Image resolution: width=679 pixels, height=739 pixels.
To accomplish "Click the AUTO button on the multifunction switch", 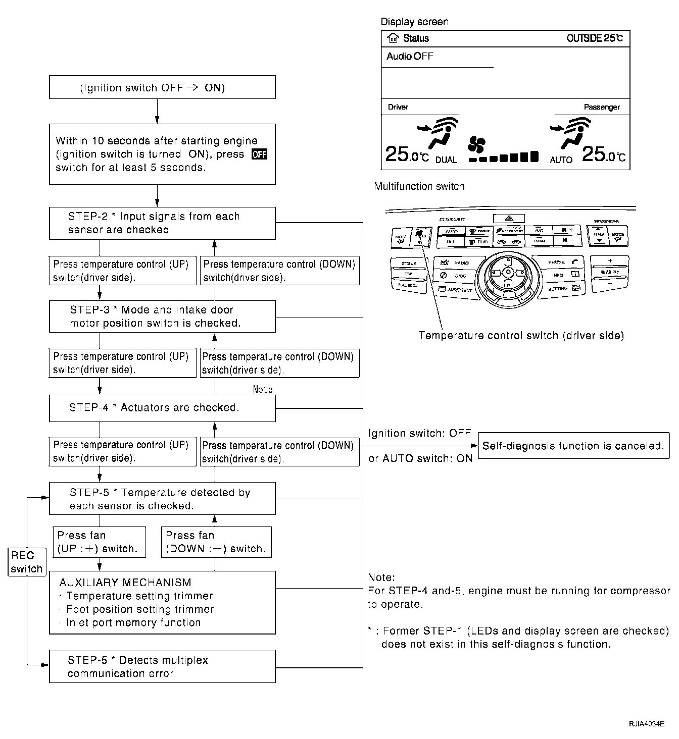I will (x=451, y=231).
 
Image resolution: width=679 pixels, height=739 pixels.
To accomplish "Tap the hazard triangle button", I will (x=508, y=219).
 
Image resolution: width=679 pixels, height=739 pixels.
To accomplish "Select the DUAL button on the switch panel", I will (x=540, y=241).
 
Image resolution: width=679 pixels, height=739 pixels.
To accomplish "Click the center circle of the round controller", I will (x=508, y=273).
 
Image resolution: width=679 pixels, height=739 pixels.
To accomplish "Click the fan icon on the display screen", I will (x=475, y=144).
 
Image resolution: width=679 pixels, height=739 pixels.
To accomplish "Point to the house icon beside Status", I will (x=393, y=38).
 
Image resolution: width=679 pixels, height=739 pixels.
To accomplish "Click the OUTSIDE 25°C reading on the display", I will (x=595, y=38).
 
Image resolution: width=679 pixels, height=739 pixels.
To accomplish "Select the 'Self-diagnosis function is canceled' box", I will (x=573, y=446).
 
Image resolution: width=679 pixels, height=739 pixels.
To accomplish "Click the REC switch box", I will (x=26, y=562).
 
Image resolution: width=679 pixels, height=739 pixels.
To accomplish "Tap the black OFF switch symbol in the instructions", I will (x=259, y=154).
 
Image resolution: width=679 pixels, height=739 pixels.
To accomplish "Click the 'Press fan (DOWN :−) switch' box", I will (x=216, y=542).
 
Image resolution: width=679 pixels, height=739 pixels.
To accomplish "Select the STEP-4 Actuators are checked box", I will (x=162, y=408).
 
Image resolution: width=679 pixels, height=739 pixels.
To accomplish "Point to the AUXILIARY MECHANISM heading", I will (x=125, y=583).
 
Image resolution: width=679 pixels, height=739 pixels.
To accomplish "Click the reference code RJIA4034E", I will (x=646, y=723).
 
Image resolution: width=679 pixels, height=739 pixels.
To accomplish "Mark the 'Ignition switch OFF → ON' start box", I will (x=162, y=88).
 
